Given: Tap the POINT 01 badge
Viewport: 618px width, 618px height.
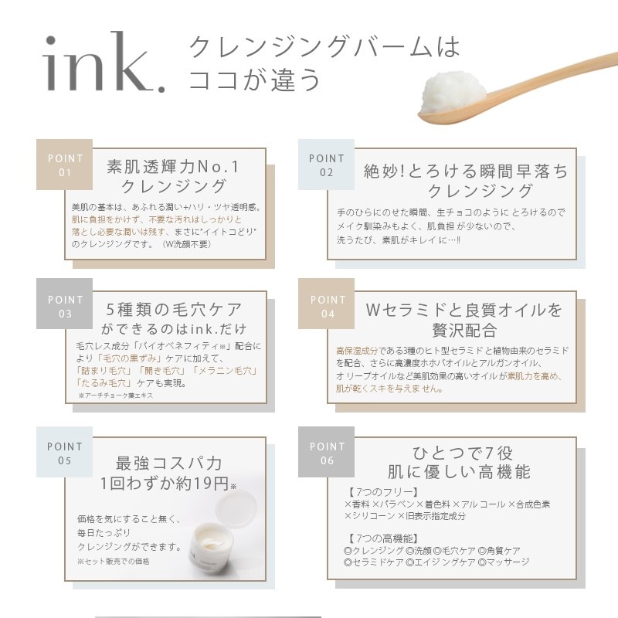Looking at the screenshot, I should (x=65, y=165).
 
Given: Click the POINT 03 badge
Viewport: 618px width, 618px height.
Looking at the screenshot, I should (x=65, y=306).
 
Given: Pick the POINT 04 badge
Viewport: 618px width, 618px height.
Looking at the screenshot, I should (x=326, y=306).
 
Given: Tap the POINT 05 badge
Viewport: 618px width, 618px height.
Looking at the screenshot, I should (x=65, y=453).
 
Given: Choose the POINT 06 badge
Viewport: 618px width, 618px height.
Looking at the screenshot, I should (x=326, y=453).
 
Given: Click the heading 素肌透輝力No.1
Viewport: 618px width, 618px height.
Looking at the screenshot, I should (x=173, y=166).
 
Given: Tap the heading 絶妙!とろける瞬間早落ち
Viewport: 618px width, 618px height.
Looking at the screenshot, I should (x=466, y=171).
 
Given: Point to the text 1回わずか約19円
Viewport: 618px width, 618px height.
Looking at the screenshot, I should (x=168, y=484).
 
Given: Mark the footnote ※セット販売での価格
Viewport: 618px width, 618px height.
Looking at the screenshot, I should (x=114, y=561).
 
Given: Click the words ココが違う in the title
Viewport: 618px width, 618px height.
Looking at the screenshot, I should (x=255, y=80).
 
